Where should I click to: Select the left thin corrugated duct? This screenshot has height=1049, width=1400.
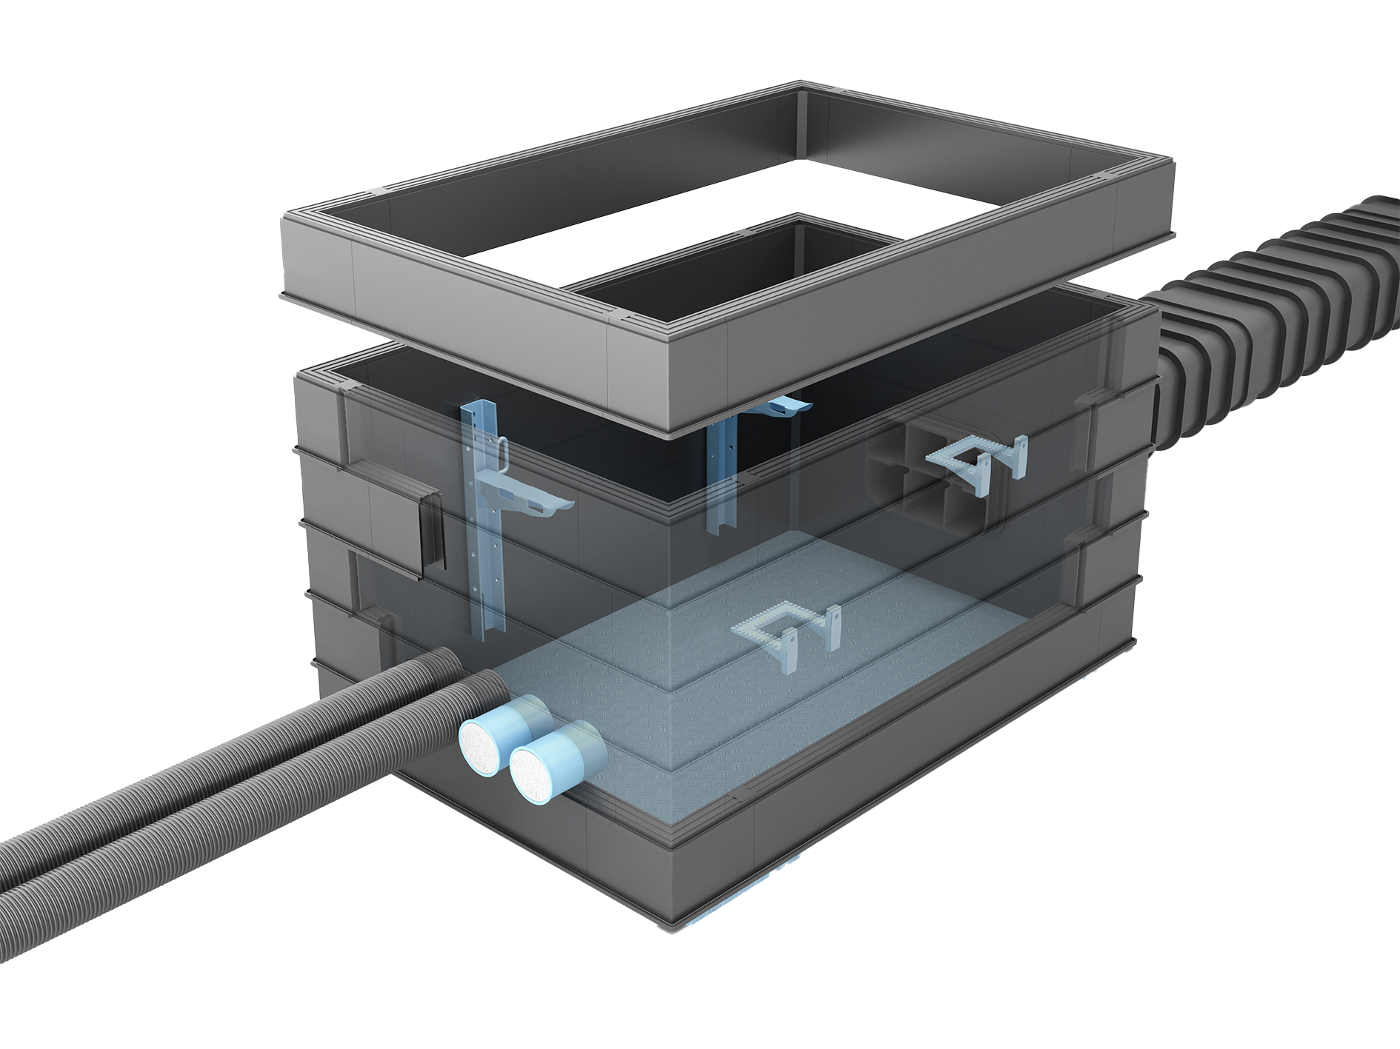(185, 755)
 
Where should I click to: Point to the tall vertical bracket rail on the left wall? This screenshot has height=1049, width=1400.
(485, 533)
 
